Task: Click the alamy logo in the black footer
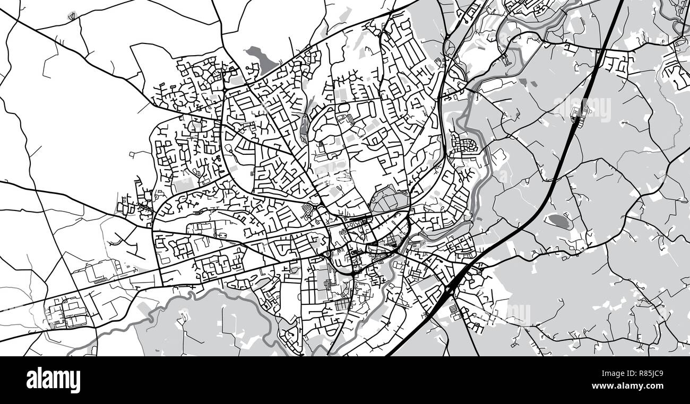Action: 53,380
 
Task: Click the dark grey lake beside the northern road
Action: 260,58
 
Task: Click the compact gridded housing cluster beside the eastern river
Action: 463,145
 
